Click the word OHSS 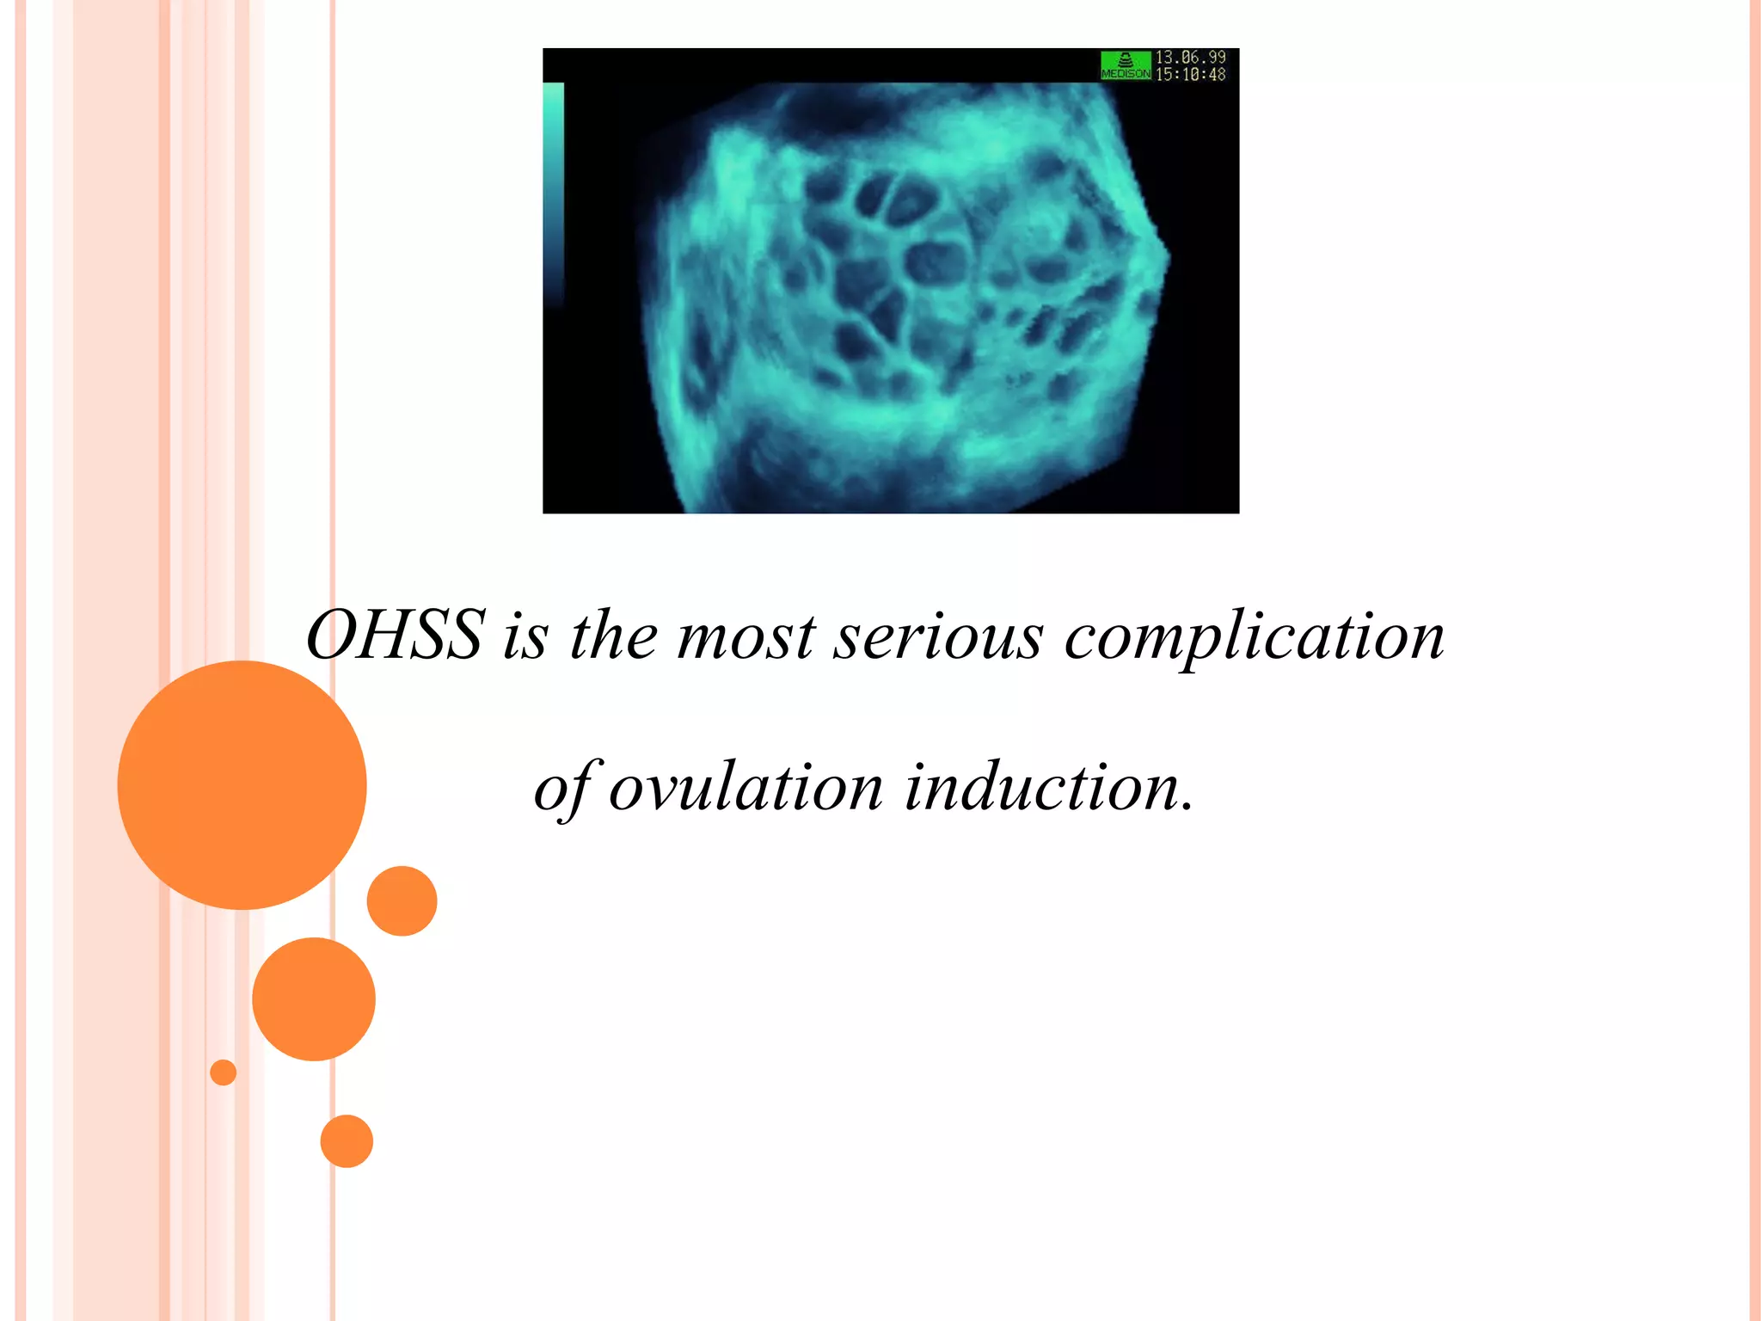[x=396, y=636]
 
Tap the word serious [x=938, y=637]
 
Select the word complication [x=1254, y=637]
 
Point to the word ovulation [x=746, y=788]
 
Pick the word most [x=746, y=637]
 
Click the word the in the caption [x=613, y=637]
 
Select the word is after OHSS [x=525, y=637]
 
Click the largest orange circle [x=242, y=784]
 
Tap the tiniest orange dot [x=223, y=1072]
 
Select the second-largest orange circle [x=313, y=998]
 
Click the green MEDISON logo [x=1125, y=65]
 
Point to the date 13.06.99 [x=1190, y=57]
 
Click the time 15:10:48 [x=1190, y=75]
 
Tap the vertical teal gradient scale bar [x=554, y=189]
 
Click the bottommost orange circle [x=347, y=1141]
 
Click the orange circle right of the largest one [x=402, y=900]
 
